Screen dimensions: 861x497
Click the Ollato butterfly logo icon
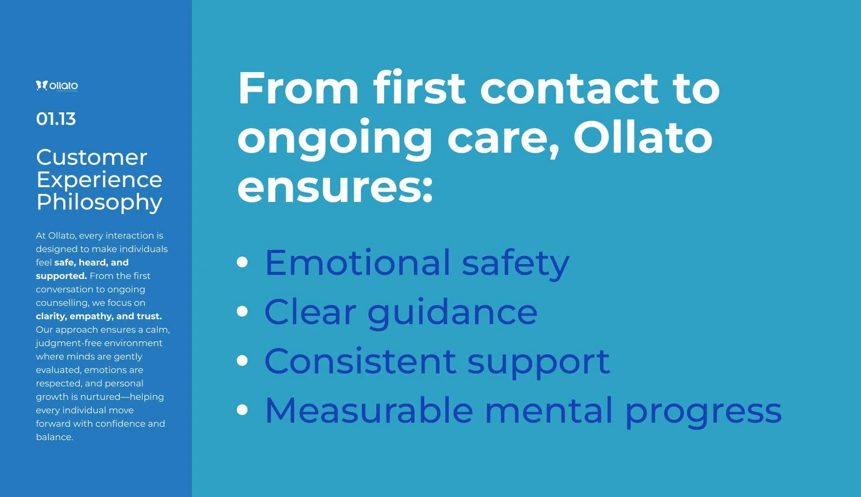(x=42, y=85)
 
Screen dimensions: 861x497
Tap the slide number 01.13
(x=56, y=119)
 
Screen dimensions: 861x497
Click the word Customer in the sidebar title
(x=91, y=157)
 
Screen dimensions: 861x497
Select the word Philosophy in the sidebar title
(x=100, y=202)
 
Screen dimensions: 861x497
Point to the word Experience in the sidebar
(x=99, y=180)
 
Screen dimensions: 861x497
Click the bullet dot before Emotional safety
(x=242, y=262)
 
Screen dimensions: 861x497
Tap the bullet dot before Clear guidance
(x=242, y=311)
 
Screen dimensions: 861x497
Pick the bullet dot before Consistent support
(x=242, y=360)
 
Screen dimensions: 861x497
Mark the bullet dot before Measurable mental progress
(x=242, y=410)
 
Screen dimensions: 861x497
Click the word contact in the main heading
(x=569, y=88)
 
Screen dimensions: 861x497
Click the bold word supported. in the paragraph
(x=61, y=276)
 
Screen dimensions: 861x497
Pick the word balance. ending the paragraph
(x=54, y=437)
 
